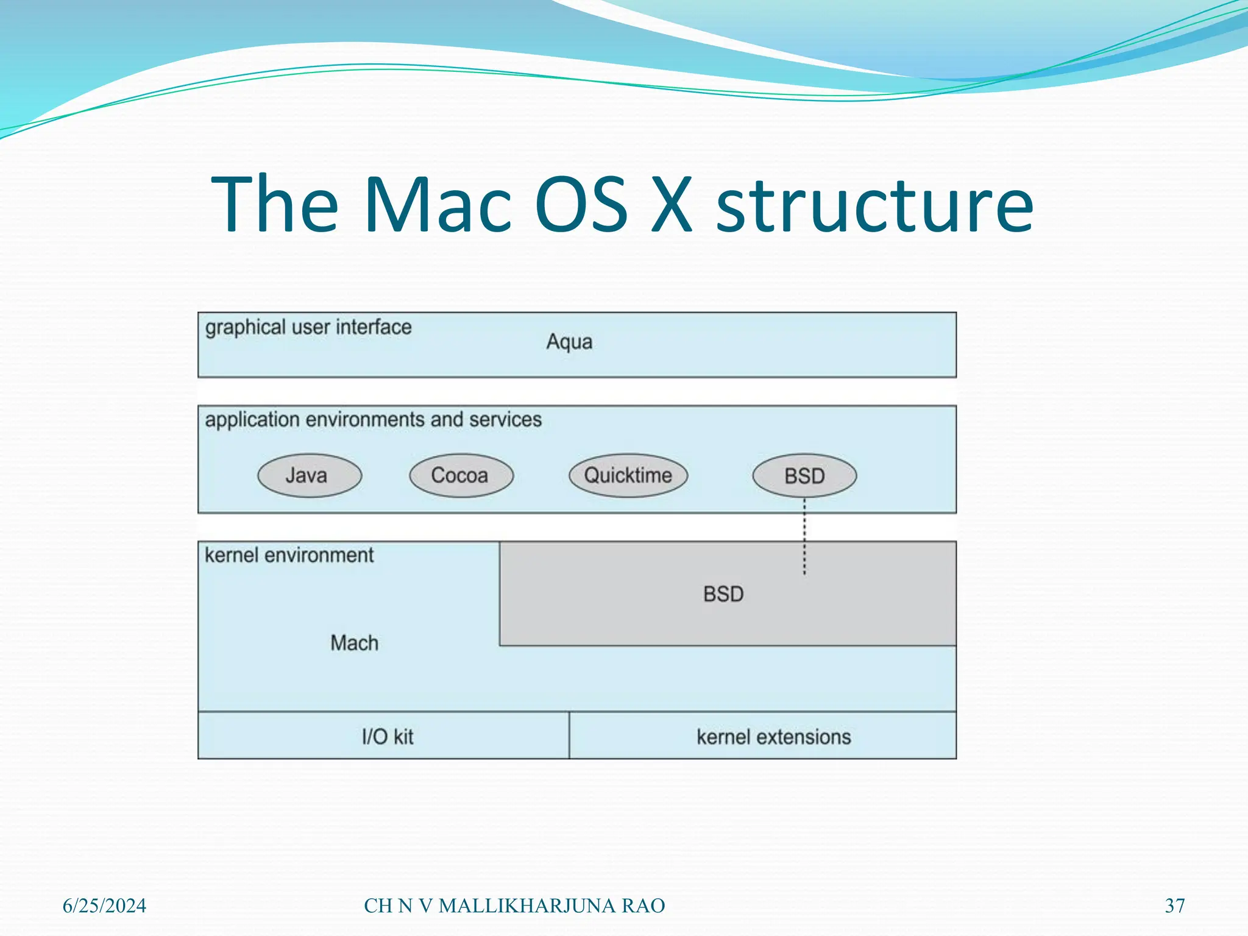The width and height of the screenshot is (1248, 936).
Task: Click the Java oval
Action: (x=309, y=475)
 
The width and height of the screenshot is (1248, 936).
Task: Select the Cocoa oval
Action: (x=461, y=475)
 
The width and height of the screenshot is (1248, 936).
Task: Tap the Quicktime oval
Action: (x=628, y=475)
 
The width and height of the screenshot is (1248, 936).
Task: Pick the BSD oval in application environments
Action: (x=804, y=476)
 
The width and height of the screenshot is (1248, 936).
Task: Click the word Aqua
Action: (x=569, y=342)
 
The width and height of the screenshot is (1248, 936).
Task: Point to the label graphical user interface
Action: (x=308, y=328)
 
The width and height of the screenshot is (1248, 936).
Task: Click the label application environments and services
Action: (x=373, y=420)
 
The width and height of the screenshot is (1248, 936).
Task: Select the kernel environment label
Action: (x=289, y=555)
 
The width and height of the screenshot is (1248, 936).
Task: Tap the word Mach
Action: (x=354, y=643)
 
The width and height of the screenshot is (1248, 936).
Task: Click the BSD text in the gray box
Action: (x=723, y=594)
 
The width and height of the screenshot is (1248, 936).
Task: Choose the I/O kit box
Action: (x=388, y=737)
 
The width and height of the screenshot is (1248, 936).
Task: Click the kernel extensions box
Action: (x=773, y=737)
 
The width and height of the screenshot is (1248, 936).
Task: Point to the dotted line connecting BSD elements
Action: (x=804, y=536)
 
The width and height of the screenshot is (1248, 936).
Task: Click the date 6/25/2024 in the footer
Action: (x=104, y=906)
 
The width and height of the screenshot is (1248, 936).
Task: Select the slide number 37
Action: (x=1175, y=906)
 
